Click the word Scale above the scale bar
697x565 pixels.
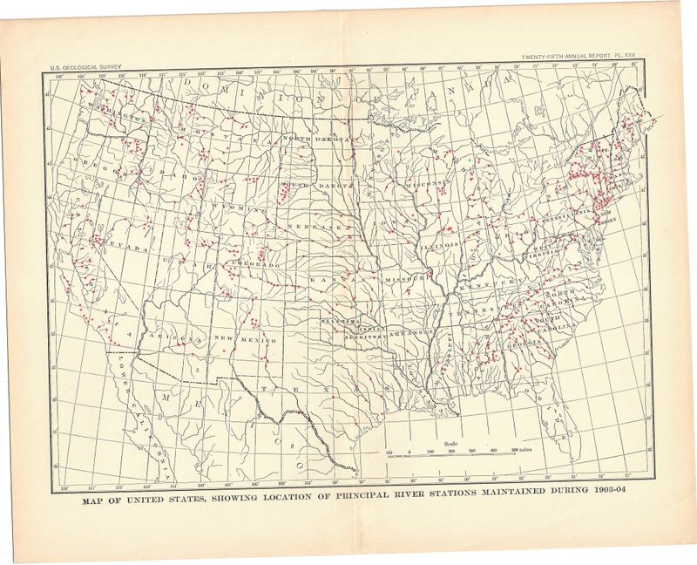[x=451, y=443]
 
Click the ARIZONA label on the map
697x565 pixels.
[x=170, y=335]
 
